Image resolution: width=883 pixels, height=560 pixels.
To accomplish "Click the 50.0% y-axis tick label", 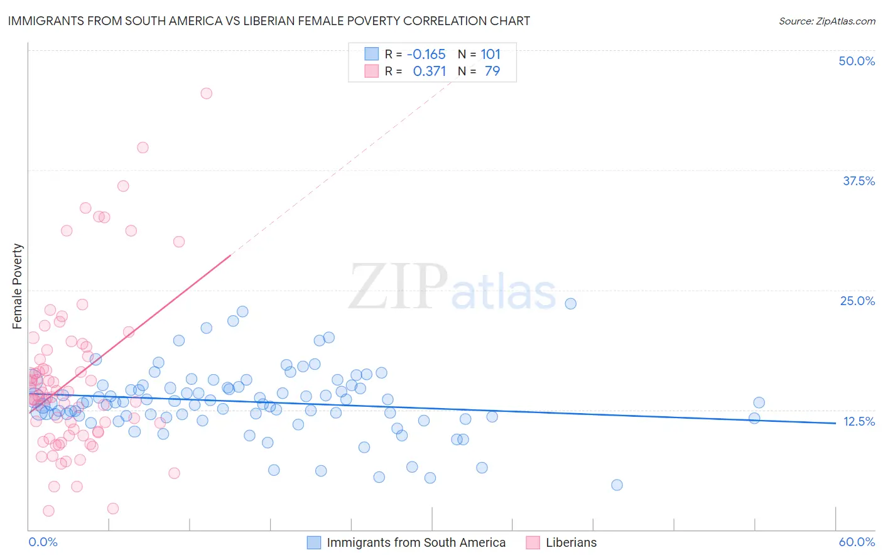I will pos(857,61).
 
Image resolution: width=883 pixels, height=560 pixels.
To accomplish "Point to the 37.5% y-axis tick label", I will pos(859,181).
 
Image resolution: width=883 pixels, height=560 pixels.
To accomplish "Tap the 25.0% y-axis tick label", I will pos(857,301).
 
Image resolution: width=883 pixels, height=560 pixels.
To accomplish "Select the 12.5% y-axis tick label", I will pos(859,421).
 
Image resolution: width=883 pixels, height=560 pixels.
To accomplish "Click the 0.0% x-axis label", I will pos(43,542).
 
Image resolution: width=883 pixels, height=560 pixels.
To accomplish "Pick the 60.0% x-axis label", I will pos(857,542).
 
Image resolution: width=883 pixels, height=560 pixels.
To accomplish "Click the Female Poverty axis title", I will pos(17,286).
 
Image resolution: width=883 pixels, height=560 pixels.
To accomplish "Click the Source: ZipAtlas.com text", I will pos(826,21).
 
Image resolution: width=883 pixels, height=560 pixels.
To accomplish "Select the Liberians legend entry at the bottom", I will pos(571,542).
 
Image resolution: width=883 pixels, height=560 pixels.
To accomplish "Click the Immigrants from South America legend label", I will pos(416,542).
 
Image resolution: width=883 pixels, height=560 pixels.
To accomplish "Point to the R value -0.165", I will pos(426,55).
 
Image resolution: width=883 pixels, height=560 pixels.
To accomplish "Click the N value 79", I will pos(492,72).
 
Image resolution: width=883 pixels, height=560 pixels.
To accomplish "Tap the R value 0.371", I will pos(430,72).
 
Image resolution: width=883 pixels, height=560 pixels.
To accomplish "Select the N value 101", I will pos(490,55).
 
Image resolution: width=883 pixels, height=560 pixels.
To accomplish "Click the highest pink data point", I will pos(206,94).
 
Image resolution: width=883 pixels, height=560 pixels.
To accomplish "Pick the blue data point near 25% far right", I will pos(570,304).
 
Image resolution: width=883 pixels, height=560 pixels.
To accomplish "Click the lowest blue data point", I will pos(617,485).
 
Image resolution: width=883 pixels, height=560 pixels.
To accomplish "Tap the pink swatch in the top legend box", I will pos(372,71).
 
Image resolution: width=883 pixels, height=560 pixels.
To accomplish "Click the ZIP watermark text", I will pos(398,287).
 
